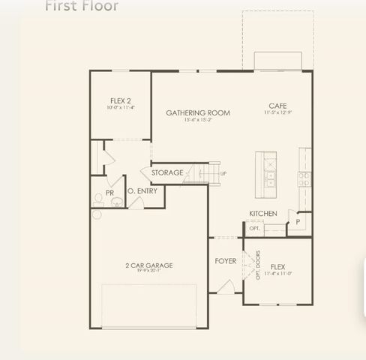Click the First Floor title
(82, 7)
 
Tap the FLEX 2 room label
(121, 100)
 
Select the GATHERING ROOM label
(198, 113)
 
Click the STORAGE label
(166, 172)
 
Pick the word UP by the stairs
(223, 173)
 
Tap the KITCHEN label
(263, 214)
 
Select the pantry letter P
(298, 222)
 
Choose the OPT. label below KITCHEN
(255, 229)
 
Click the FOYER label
(226, 261)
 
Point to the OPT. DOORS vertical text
(258, 265)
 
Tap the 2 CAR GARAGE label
(149, 265)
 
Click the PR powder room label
(109, 193)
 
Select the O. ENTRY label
(141, 192)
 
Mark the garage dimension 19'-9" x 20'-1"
(149, 271)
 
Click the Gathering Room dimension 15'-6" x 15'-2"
(198, 120)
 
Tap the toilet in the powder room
(98, 199)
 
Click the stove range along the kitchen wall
(304, 178)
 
